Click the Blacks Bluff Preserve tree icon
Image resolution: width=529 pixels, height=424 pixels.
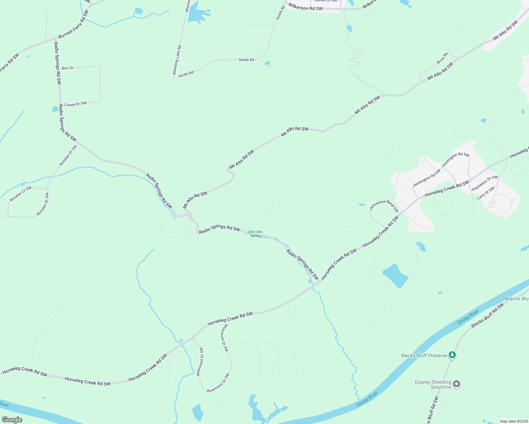click(452, 354)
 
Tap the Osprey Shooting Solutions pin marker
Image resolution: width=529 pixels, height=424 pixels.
click(457, 384)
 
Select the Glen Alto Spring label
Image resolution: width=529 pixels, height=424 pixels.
click(255, 234)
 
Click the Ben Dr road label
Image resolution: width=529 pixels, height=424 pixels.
click(68, 68)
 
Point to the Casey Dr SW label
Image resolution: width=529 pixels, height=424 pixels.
click(75, 104)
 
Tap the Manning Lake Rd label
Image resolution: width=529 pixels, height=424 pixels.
click(177, 60)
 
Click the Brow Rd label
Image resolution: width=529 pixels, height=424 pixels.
click(442, 58)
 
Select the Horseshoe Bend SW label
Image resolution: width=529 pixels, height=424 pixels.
click(384, 206)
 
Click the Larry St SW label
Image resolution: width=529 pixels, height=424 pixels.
click(486, 194)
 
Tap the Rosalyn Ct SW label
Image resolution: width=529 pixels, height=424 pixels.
click(21, 194)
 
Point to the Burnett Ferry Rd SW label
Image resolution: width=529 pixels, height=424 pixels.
click(74, 24)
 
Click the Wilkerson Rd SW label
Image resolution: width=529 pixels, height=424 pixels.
click(306, 7)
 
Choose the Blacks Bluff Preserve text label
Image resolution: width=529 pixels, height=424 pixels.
click(424, 355)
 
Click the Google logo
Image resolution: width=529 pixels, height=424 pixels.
click(12, 420)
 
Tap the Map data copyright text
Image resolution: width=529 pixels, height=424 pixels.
click(513, 421)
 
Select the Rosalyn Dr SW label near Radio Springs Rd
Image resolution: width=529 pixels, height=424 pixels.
click(68, 155)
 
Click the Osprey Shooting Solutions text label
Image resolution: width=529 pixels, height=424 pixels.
click(433, 384)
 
